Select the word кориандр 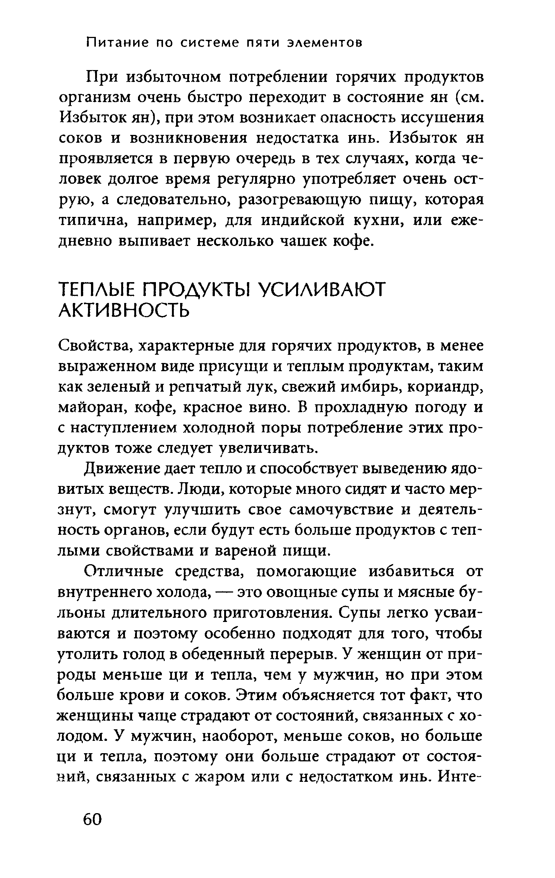[x=445, y=388]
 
